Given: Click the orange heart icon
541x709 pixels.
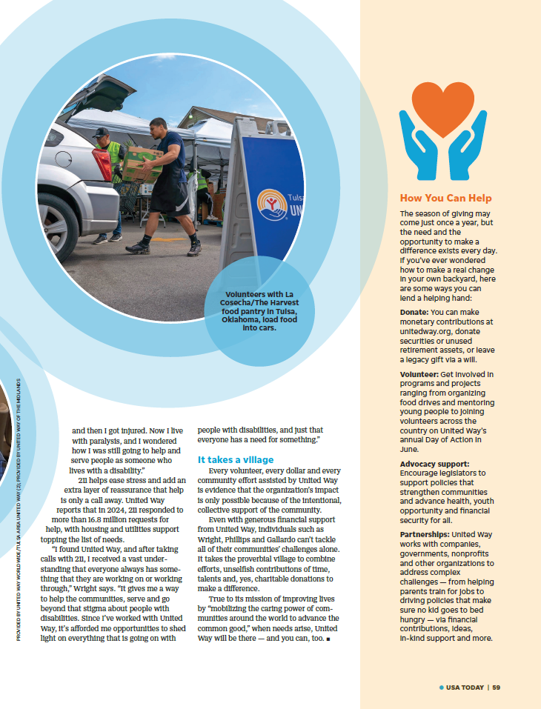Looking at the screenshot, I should (x=443, y=108).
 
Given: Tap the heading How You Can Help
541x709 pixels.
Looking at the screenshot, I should (x=445, y=198).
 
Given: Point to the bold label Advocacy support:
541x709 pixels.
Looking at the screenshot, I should (x=434, y=464).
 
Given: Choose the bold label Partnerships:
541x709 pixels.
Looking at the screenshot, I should (x=425, y=534).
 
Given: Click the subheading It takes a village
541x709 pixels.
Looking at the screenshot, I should (x=235, y=459).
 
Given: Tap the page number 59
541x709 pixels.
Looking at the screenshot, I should (x=497, y=687).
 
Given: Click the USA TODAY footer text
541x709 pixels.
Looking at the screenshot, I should (x=465, y=687).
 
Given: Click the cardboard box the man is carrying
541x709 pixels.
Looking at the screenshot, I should (x=142, y=162).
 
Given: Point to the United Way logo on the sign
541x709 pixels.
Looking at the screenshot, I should (x=270, y=204).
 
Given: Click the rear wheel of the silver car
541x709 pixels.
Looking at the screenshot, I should (x=58, y=227).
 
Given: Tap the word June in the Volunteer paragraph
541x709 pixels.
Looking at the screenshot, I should (x=409, y=449).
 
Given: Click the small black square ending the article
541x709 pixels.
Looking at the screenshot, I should (x=327, y=638).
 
